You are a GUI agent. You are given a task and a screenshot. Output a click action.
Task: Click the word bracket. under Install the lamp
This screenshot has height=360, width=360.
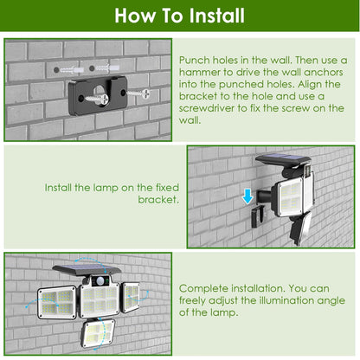[x=158, y=199]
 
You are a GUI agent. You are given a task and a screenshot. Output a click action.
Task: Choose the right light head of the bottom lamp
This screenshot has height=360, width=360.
[x=132, y=296]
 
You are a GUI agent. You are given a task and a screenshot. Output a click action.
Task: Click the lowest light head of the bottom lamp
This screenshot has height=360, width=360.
[x=95, y=331]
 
